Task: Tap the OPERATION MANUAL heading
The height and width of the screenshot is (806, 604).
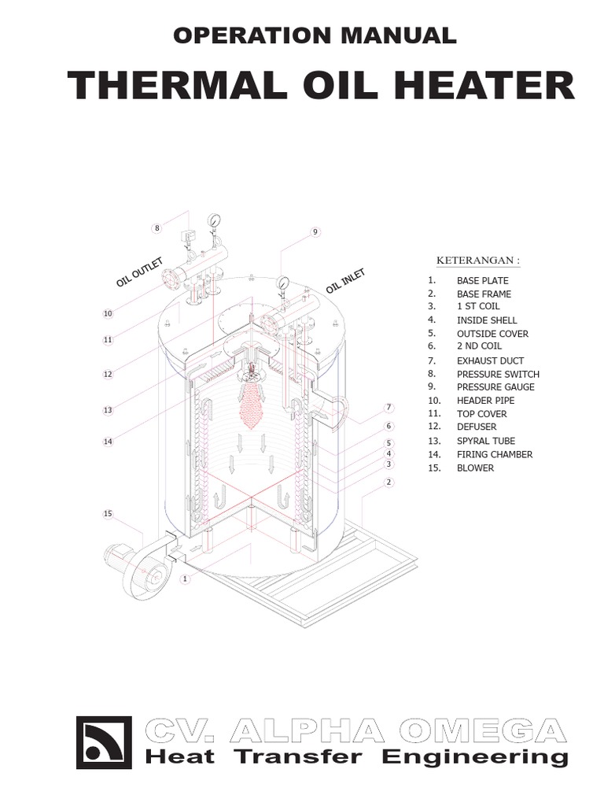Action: [313, 35]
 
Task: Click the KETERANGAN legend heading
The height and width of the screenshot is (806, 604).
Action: [478, 261]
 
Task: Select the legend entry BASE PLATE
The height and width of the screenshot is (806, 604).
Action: [482, 280]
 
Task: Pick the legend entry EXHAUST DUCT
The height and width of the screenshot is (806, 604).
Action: [490, 360]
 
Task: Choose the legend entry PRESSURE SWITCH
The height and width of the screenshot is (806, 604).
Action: [498, 374]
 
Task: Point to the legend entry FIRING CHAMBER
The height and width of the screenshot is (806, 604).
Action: [495, 454]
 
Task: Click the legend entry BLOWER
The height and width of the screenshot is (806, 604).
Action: [475, 468]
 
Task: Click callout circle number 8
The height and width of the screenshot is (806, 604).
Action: [157, 228]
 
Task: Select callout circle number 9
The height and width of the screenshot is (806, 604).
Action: [315, 232]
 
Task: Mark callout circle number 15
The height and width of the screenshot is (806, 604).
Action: [109, 514]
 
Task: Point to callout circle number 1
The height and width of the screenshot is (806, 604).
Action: [186, 579]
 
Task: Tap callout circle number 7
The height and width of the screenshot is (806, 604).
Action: [388, 408]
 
